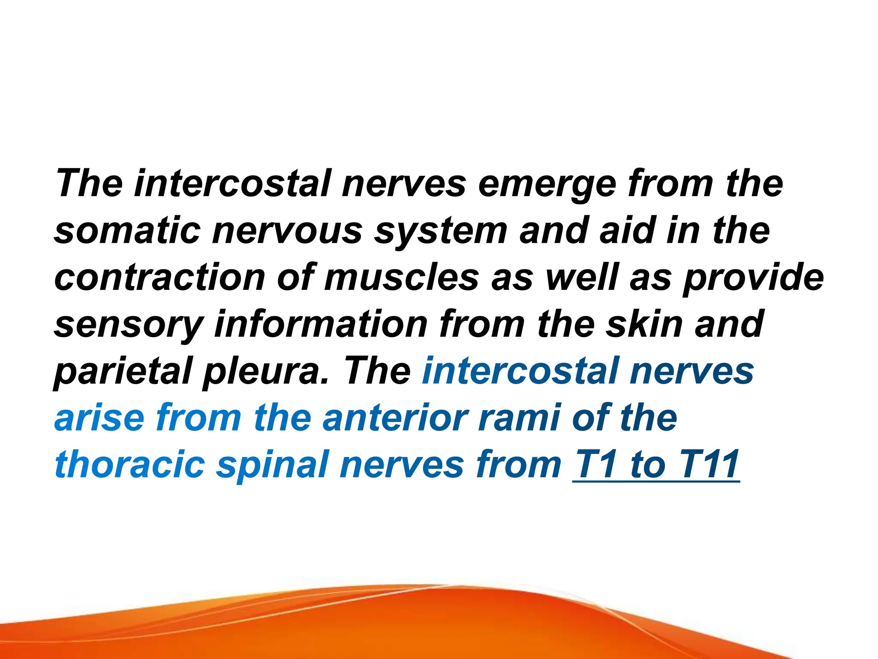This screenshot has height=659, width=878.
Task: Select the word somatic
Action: [x=127, y=230]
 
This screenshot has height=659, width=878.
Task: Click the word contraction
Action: [x=159, y=278]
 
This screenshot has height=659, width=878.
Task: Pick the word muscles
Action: [x=401, y=278]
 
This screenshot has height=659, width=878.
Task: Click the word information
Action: [x=321, y=324]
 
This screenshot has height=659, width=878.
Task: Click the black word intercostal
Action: [x=232, y=184]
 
